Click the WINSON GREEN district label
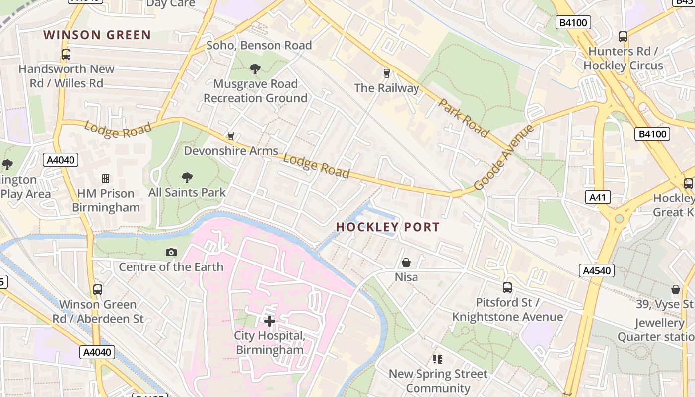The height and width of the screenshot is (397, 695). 97,35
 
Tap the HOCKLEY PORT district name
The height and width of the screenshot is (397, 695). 388,227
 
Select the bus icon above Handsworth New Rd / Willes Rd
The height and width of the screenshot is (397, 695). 66,55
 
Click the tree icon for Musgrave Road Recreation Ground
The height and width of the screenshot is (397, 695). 255,69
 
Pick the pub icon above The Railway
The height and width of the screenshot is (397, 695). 387,73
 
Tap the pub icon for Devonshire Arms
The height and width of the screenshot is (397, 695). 230,136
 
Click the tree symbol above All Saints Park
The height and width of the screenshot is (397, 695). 187,177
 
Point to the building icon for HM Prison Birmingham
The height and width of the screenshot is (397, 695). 105,178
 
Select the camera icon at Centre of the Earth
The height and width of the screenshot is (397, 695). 171,253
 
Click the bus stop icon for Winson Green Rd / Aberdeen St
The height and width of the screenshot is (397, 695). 98,290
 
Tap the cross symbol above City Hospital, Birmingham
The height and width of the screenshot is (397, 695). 270,321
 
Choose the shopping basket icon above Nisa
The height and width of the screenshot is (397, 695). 406,263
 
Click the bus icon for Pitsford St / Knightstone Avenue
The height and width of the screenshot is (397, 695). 507,288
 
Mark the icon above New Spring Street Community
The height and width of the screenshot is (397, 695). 437,359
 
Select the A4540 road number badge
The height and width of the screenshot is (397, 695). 597,270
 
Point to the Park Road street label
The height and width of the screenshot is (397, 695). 464,118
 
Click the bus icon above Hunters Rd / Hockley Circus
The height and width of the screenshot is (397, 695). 623,37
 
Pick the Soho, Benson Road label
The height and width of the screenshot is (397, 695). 259,45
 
